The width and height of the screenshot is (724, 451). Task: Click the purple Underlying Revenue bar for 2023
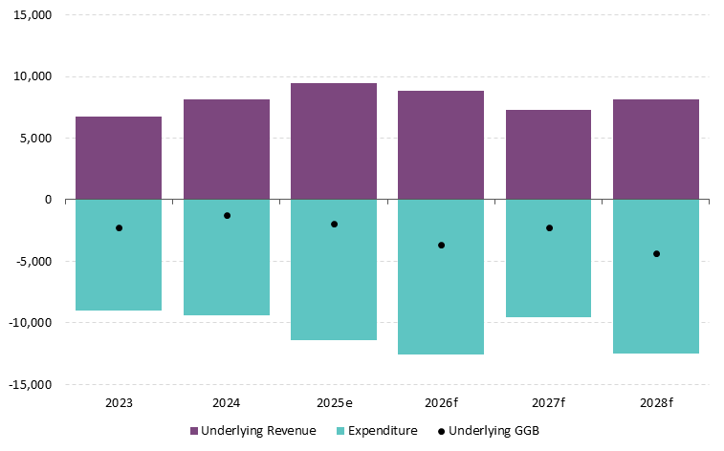119,158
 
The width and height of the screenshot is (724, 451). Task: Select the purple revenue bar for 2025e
334,141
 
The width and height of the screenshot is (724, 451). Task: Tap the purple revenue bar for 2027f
549,155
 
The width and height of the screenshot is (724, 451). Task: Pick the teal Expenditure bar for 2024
227,272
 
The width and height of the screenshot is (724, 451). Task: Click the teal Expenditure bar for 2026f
441,296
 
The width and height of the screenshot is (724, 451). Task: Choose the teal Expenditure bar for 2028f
656,296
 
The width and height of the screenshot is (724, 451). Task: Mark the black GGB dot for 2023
119,227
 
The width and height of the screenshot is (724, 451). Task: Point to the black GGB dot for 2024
227,215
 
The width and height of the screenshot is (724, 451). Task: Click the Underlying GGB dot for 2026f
441,246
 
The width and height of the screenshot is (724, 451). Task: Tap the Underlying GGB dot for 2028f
656,253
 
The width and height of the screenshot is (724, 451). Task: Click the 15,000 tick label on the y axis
33,15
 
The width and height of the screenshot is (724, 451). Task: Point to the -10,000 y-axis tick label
30,323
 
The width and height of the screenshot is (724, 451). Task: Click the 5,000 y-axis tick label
35,139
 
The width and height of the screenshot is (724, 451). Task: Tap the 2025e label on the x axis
334,402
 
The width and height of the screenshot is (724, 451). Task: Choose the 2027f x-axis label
549,402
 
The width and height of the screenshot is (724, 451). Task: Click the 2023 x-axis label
119,402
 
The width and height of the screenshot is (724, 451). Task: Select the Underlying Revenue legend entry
252,431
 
